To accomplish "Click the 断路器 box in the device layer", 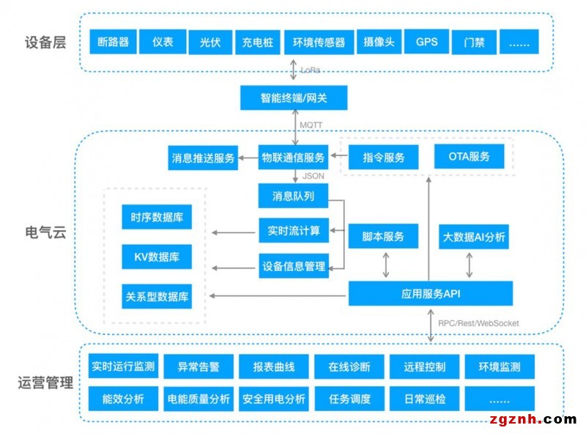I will point(113,42).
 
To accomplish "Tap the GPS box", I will point(426,42).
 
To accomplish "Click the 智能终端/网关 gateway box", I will point(294,98).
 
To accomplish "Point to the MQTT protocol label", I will point(311,125).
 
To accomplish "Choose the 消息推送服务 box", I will point(203,158).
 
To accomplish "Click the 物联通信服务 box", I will point(293,157).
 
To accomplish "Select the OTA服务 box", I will point(469,157).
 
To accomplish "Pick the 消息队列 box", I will point(293,196).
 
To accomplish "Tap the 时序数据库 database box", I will point(157,217).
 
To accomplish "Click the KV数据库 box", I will point(157,257).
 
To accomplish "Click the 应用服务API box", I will point(430,293).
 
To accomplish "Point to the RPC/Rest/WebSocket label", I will point(478,323).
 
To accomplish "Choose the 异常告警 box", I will point(198,366).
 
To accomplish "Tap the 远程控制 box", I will point(424,366).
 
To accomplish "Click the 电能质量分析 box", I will point(199,399).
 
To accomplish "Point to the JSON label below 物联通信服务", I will point(313,177).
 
